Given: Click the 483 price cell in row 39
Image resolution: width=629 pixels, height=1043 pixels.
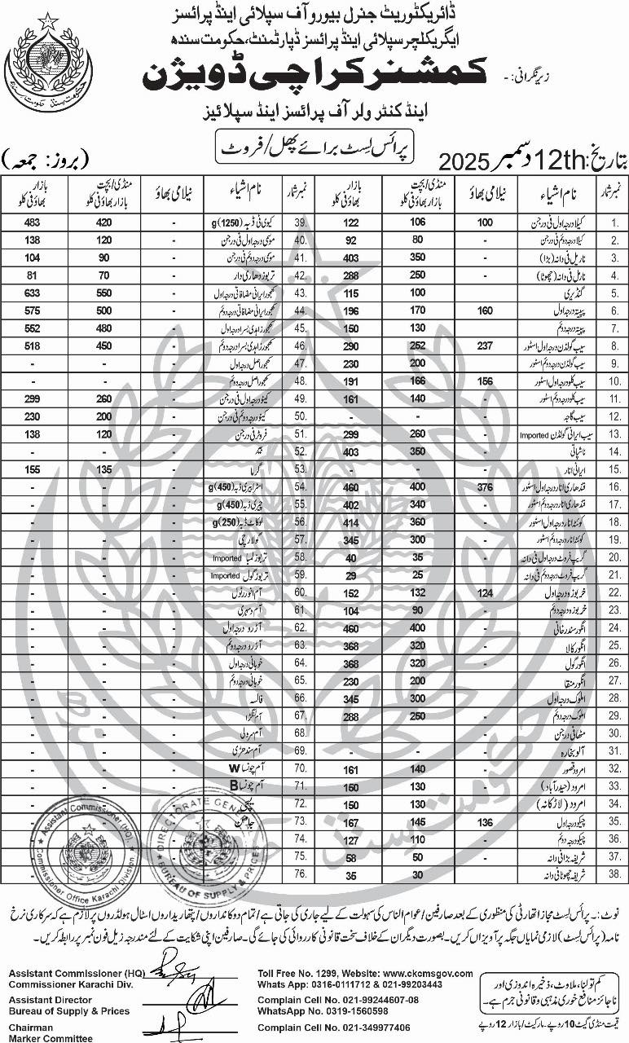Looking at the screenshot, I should (x=33, y=222).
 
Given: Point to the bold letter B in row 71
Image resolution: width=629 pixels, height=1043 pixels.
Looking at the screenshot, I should (x=232, y=786).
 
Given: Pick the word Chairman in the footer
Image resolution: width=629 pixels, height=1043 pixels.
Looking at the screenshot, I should (x=32, y=1028).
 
